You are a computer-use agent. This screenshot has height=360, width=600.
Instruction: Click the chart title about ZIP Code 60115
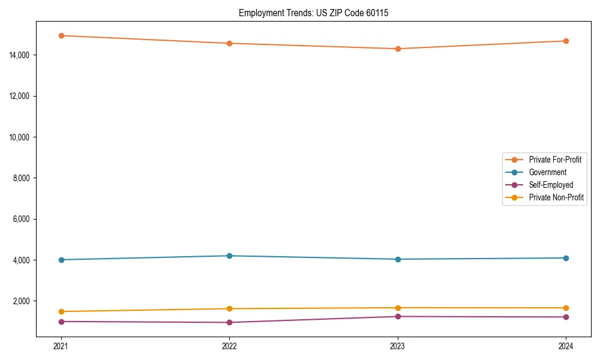click(313, 13)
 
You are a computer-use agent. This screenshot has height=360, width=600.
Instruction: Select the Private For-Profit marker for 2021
click(61, 35)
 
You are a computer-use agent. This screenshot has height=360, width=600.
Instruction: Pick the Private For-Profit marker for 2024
click(566, 41)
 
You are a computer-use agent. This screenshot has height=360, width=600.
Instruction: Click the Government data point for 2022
click(229, 256)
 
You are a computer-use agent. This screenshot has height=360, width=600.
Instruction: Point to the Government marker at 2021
click(61, 260)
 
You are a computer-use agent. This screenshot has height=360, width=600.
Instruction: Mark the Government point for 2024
click(566, 258)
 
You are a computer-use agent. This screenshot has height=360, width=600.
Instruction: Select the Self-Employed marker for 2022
click(229, 322)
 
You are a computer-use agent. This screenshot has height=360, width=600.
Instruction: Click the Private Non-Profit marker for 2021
click(61, 311)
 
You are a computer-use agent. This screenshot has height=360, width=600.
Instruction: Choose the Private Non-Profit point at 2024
click(566, 308)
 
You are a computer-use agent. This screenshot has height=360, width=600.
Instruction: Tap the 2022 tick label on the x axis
click(229, 346)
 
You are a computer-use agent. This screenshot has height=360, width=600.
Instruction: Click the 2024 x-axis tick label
click(566, 346)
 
